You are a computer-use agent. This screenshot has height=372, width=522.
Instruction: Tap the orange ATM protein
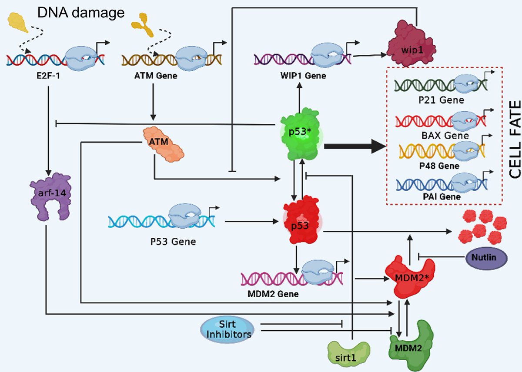point(163,144)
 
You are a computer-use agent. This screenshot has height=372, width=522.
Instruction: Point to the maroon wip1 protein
point(412,44)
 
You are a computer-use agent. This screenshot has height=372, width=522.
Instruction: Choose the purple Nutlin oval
point(486,258)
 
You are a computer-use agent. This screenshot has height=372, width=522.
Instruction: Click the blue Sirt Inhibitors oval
point(227,329)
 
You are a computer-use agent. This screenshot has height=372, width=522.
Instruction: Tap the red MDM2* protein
point(410,277)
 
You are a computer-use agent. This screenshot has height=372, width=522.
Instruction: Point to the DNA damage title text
point(81,13)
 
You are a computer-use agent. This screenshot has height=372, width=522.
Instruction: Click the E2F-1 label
point(48,76)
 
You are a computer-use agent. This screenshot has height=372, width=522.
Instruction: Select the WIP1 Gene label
point(303,76)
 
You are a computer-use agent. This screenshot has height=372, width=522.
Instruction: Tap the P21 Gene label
point(441,100)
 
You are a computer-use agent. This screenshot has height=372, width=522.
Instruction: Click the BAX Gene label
point(445,136)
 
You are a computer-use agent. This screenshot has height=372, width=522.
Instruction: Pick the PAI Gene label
point(442,197)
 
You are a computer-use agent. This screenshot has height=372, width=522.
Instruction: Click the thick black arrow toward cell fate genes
point(355,146)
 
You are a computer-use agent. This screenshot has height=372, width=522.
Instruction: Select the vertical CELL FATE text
point(515,139)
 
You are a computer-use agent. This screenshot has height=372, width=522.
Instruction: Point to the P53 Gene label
point(173,242)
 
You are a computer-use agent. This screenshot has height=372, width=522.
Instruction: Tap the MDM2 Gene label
point(273,294)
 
